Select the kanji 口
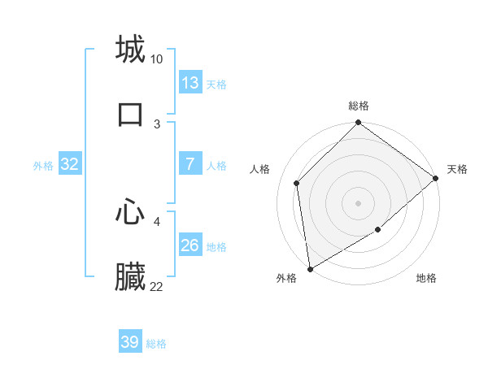pyautogui.click(x=130, y=114)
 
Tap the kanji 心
pyautogui.click(x=130, y=213)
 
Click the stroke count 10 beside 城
pyautogui.click(x=157, y=59)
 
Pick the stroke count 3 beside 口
pyautogui.click(x=157, y=124)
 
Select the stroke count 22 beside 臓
pyautogui.click(x=157, y=287)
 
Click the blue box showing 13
pyautogui.click(x=190, y=83)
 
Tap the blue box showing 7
pyautogui.click(x=190, y=164)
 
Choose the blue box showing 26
pyautogui.click(x=190, y=245)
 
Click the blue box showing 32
pyautogui.click(x=70, y=164)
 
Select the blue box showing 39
pyautogui.click(x=130, y=342)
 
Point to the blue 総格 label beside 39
pyautogui.click(x=157, y=344)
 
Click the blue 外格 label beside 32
pyautogui.click(x=43, y=166)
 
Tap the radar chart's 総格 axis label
pyautogui.click(x=358, y=106)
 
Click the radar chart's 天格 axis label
pyautogui.click(x=457, y=169)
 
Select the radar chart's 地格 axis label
pyautogui.click(x=426, y=278)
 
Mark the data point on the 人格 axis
pyautogui.click(x=297, y=183)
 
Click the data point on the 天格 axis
pyautogui.click(x=436, y=178)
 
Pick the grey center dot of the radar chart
pyautogui.click(x=358, y=203)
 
